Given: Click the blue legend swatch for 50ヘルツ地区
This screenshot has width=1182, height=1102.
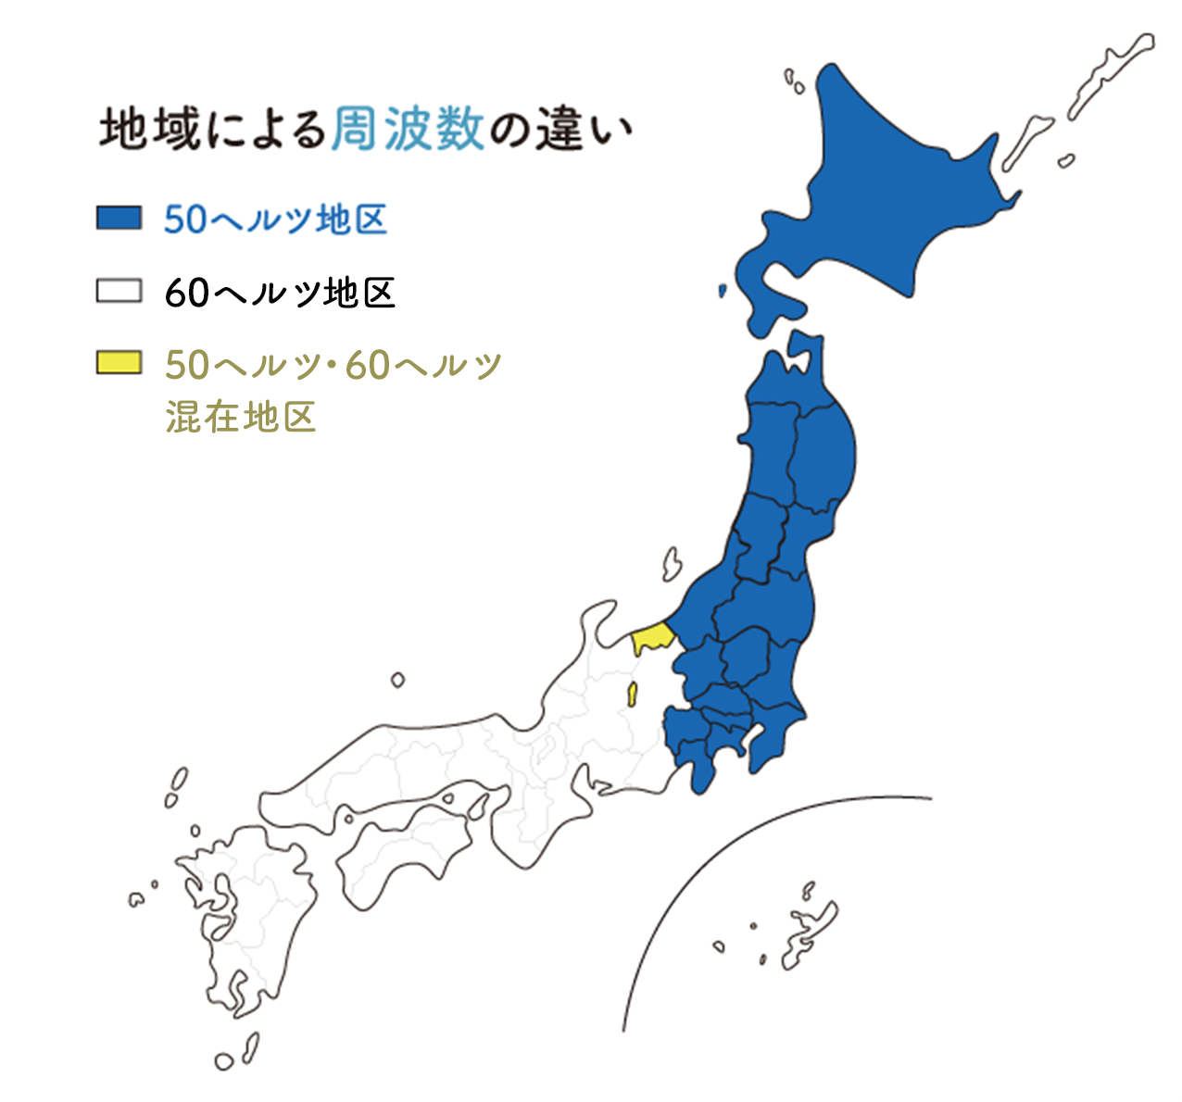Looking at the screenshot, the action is coord(119,218).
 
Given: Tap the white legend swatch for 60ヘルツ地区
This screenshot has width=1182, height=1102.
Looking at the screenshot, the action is coord(119,291).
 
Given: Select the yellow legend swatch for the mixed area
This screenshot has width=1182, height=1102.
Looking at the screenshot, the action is coord(119,362).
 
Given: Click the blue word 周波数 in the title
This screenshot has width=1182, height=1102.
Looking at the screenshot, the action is coord(408,128).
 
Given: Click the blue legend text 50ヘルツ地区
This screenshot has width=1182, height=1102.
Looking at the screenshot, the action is coord(275,219).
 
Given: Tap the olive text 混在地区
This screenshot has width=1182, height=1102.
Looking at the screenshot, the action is coord(241,417).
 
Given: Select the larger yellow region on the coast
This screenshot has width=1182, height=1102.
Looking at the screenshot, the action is coord(650,638).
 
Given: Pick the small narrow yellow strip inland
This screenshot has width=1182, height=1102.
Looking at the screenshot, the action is coord(633,694).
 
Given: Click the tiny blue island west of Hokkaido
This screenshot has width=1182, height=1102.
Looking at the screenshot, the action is coord(723,291).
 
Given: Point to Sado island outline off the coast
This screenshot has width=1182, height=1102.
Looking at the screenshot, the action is coord(672,563).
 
